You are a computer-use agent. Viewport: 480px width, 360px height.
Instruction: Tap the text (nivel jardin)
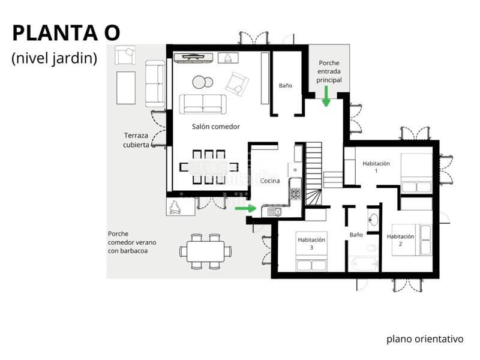tap(54, 59)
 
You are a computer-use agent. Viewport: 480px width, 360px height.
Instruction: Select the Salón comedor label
tap(216, 127)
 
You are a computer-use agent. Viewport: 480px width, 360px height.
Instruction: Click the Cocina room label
tap(270, 181)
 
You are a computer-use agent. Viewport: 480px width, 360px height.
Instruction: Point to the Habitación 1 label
tap(376, 167)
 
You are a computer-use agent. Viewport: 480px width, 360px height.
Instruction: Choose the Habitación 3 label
tap(311, 243)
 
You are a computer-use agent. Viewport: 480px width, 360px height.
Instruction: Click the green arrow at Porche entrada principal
tap(326, 96)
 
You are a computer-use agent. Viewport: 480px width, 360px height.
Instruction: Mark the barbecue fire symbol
tap(175, 208)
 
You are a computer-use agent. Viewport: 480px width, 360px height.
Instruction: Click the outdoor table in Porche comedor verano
tap(206, 251)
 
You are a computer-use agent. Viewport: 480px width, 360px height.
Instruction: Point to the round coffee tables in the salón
tap(202, 82)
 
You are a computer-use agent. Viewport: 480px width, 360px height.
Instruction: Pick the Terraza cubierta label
tap(137, 140)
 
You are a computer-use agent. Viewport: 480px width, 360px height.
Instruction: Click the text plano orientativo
tap(425, 339)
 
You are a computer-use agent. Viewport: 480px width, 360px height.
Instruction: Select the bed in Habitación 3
tap(311, 263)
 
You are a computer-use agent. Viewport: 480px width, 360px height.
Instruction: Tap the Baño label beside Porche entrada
tap(286, 85)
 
